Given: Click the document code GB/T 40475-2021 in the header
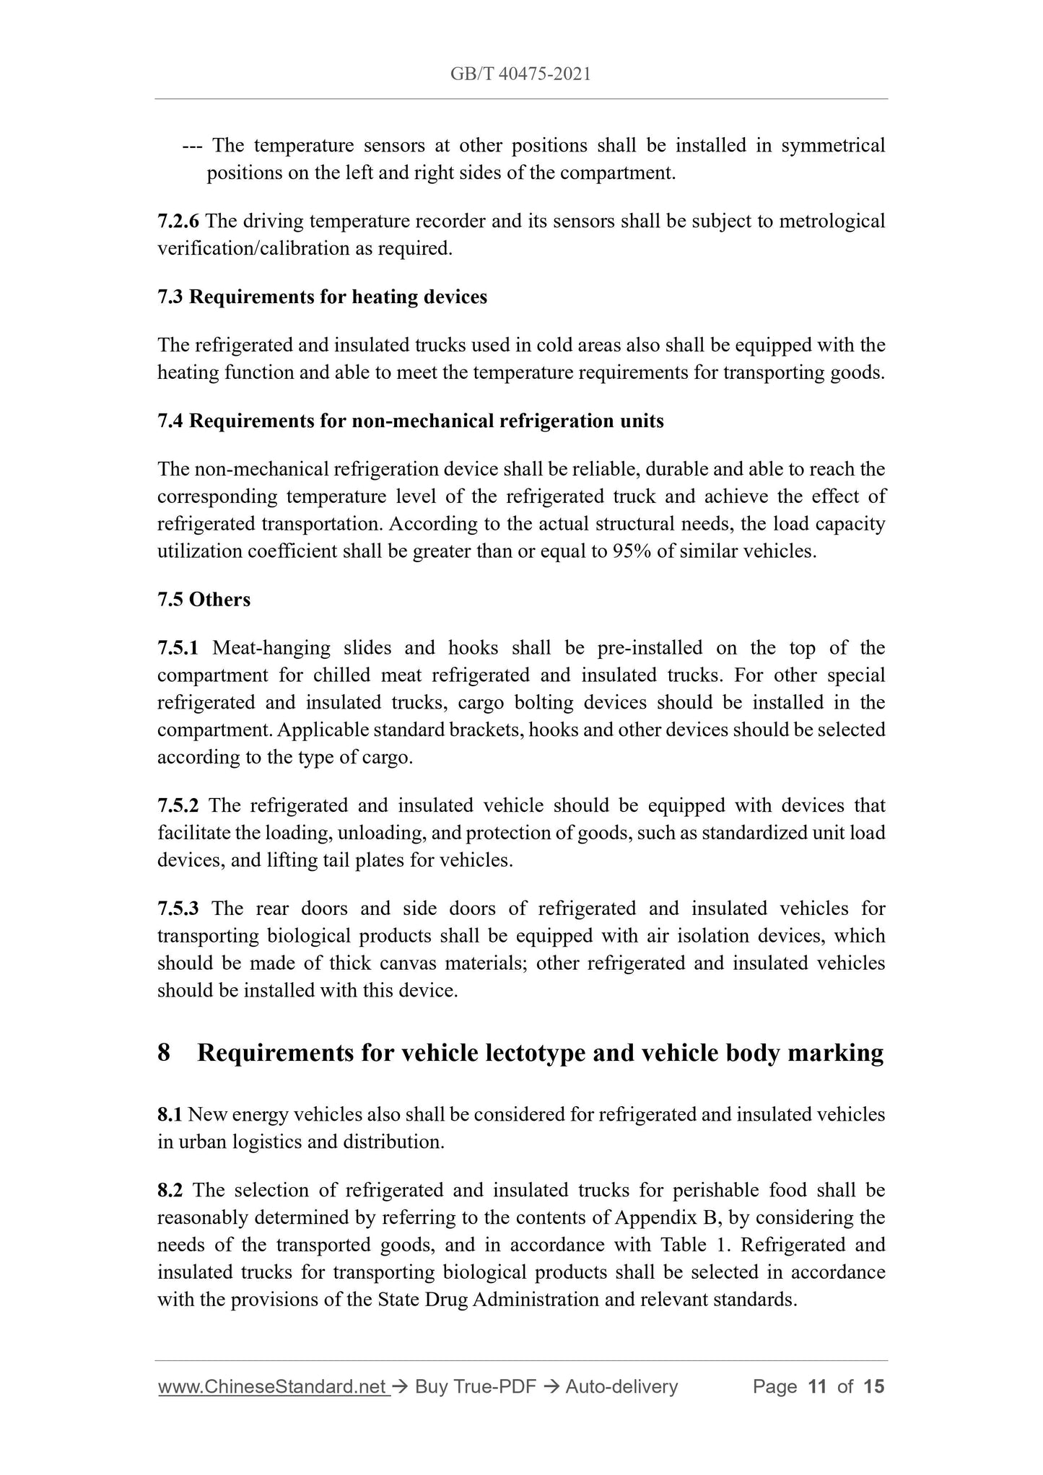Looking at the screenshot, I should pyautogui.click(x=520, y=74).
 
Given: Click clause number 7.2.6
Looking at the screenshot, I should pyautogui.click(x=178, y=221).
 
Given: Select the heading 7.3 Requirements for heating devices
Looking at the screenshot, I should pyautogui.click(x=322, y=297).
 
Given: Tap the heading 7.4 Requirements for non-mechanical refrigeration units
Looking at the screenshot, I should pyautogui.click(x=410, y=421).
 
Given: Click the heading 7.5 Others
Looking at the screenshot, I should pyautogui.click(x=204, y=600).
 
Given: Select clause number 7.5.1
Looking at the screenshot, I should pyautogui.click(x=178, y=648).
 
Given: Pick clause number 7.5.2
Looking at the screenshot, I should pyautogui.click(x=178, y=805).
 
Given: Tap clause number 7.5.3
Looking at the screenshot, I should pyautogui.click(x=178, y=908).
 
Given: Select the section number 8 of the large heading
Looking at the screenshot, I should pyautogui.click(x=164, y=1053).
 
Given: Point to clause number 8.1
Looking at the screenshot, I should pyautogui.click(x=170, y=1115).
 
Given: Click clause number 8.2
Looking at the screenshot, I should pyautogui.click(x=170, y=1190).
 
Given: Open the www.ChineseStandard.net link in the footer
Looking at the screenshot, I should pyautogui.click(x=273, y=1386).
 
